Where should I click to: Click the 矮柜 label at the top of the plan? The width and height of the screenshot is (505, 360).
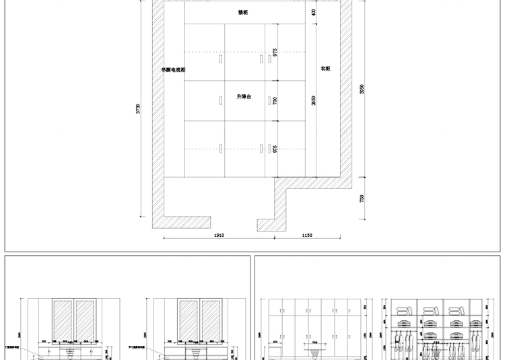[x=242, y=12]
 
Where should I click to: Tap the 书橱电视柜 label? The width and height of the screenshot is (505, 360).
[x=173, y=69]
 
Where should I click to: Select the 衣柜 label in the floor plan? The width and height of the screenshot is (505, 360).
[x=325, y=69]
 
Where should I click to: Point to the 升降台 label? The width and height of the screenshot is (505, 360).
[x=243, y=97]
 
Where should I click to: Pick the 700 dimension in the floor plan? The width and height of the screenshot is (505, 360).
[x=275, y=100]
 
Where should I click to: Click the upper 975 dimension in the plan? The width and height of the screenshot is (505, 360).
[x=275, y=52]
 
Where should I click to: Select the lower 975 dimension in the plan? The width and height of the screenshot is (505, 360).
[x=275, y=148]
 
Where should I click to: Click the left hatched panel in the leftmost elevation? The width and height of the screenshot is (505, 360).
[x=63, y=320]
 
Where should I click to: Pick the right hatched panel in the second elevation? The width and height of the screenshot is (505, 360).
[x=211, y=320]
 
